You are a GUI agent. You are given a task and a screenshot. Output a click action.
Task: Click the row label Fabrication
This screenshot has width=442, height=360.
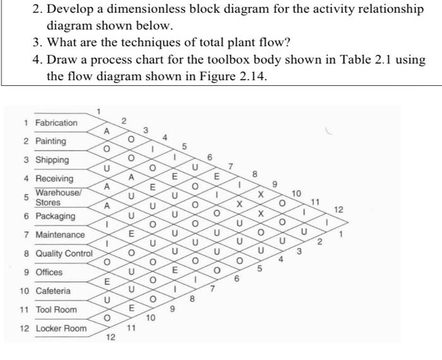coord(56,123)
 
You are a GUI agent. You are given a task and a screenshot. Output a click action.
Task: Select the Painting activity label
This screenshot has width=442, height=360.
coord(51,141)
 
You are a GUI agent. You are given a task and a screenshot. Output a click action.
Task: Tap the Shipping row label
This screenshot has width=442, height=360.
coord(52,160)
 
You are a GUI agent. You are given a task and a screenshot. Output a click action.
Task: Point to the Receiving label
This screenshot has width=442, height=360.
coord(54,179)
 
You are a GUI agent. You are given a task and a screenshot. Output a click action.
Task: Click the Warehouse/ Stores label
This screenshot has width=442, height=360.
coord(52,197)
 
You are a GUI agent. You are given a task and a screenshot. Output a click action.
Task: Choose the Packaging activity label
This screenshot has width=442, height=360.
coord(55,216)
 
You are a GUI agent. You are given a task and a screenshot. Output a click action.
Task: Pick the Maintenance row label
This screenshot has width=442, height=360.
coord(59,235)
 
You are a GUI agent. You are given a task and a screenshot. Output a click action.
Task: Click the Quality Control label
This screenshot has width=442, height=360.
coord(64,254)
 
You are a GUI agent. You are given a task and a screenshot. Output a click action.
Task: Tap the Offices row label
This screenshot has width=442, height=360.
coord(49,272)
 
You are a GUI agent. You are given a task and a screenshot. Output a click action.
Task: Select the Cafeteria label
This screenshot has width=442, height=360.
coord(53,291)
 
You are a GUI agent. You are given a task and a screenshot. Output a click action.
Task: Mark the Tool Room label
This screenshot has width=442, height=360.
coord(56,309)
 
